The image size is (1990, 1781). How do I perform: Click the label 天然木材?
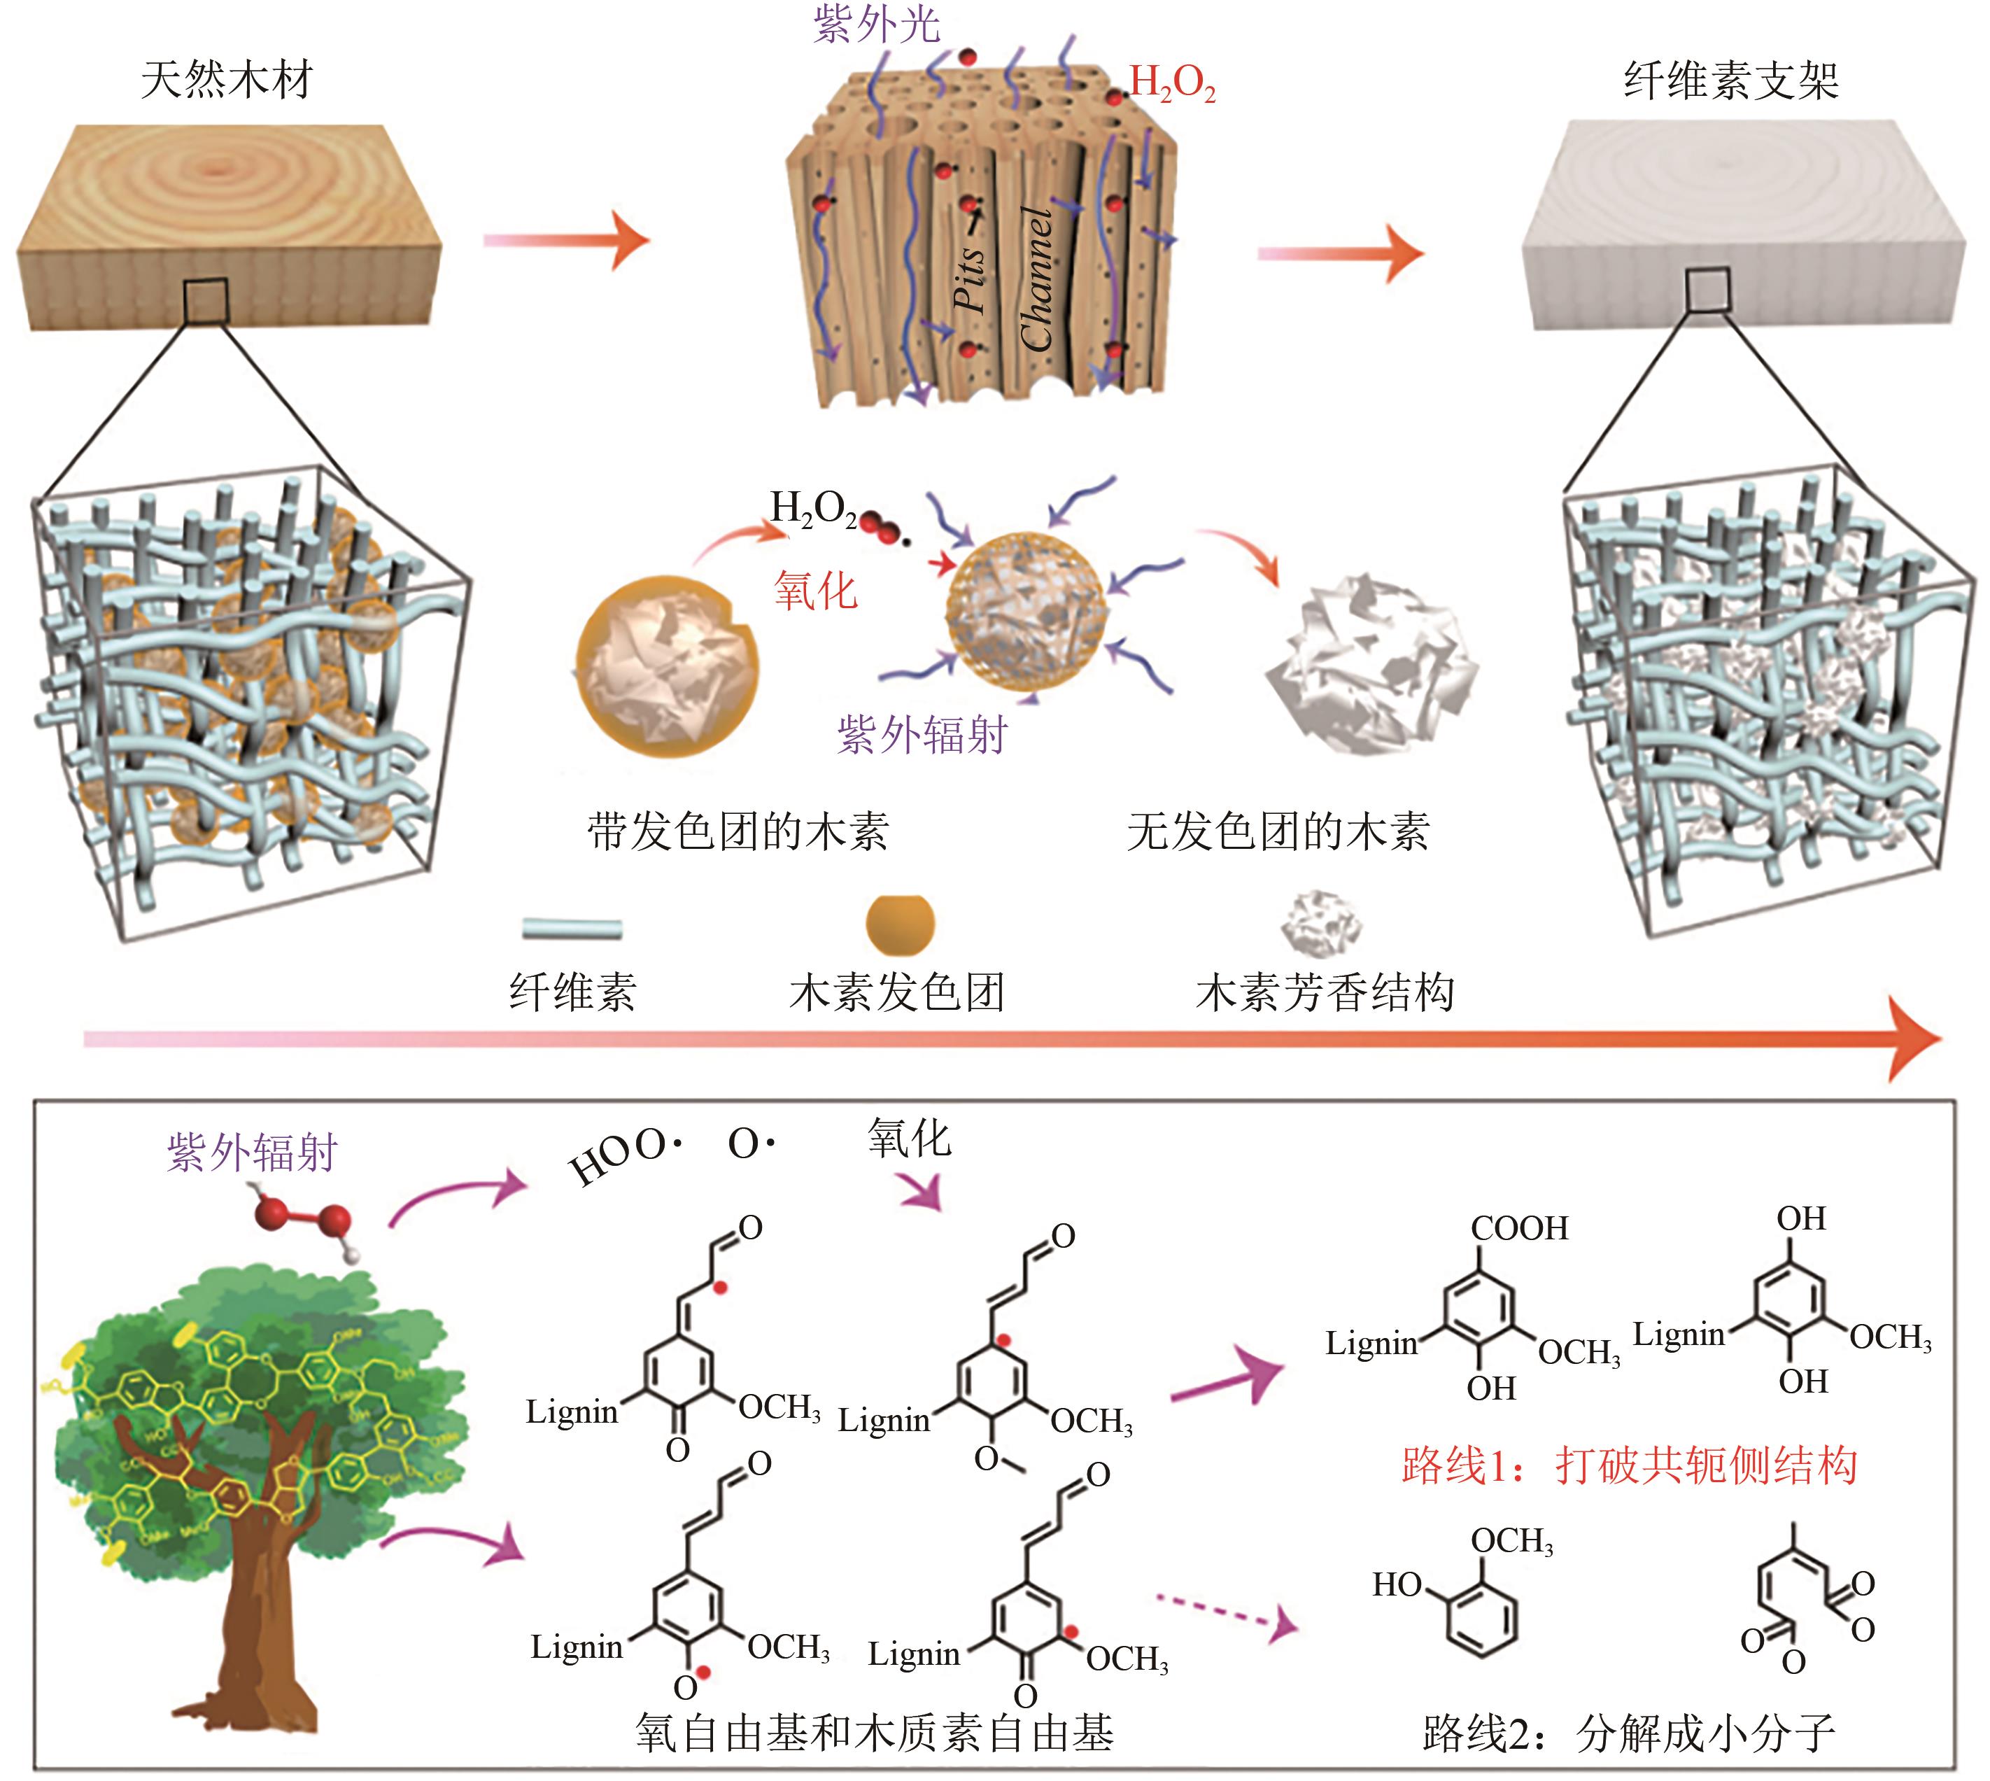click(226, 79)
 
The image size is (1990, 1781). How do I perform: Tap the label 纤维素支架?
click(1730, 79)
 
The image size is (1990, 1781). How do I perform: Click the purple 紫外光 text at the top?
click(877, 24)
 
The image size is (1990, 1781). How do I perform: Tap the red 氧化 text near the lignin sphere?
click(815, 590)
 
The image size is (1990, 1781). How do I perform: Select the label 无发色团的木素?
click(1278, 831)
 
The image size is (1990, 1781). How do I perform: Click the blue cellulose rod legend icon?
click(572, 928)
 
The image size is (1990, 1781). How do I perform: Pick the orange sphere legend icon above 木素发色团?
click(900, 924)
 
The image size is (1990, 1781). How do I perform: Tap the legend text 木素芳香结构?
click(1325, 992)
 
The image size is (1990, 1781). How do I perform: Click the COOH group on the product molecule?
click(1518, 1228)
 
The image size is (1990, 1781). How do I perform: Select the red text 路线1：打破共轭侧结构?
click(1629, 1465)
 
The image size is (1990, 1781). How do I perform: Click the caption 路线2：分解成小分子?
click(1629, 1733)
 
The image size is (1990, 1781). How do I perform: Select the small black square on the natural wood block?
click(206, 300)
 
